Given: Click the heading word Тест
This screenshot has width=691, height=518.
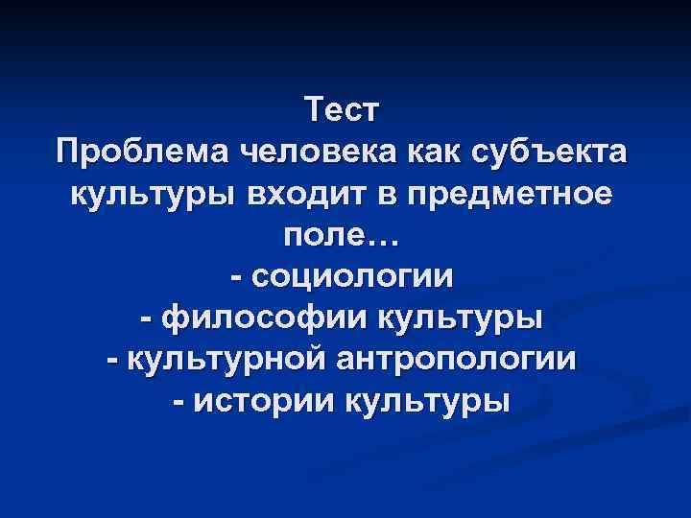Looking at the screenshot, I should coord(345,110).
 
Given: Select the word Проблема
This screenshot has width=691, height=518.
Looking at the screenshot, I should coord(140,153).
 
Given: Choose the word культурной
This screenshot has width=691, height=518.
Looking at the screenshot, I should coord(227,360).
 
